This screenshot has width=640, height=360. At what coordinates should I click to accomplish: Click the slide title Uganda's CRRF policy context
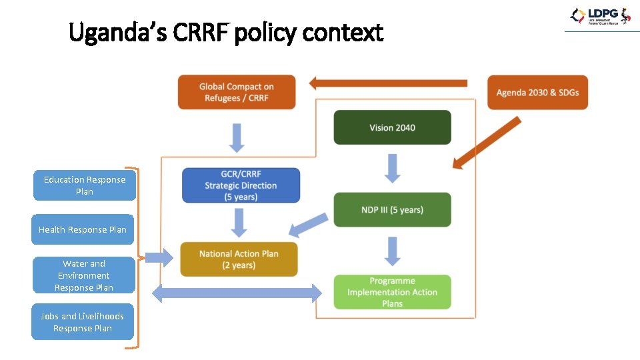point(226,32)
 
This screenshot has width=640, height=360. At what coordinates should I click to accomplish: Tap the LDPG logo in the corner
point(599,17)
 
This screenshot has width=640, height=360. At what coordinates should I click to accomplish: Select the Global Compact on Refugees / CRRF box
point(236,92)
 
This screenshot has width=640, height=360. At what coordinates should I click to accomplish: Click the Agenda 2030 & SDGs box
point(537,92)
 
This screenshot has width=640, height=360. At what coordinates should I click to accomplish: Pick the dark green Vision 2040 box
point(392,127)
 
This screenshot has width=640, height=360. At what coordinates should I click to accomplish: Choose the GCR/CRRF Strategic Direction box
point(241,185)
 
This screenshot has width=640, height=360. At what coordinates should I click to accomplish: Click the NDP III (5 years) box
point(392,209)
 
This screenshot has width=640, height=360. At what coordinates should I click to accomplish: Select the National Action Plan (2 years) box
point(239,259)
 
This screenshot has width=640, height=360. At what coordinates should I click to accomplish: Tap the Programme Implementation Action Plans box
point(392,292)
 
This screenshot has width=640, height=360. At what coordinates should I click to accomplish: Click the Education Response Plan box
point(85,185)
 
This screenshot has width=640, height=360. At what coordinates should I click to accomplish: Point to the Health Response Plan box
point(83,229)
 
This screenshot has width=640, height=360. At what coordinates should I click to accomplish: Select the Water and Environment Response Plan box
point(84,275)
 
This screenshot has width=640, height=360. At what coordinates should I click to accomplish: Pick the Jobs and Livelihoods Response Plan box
point(83,322)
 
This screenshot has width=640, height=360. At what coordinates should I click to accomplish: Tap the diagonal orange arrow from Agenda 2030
point(486,143)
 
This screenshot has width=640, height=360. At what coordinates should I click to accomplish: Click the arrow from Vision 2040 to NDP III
point(393,168)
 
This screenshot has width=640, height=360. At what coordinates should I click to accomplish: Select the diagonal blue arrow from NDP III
point(308,225)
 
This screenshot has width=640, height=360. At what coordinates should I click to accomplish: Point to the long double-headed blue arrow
point(237,292)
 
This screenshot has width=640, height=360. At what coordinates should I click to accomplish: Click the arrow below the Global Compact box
point(237,137)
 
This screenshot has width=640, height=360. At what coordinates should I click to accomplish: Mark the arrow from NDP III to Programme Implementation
point(393,251)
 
